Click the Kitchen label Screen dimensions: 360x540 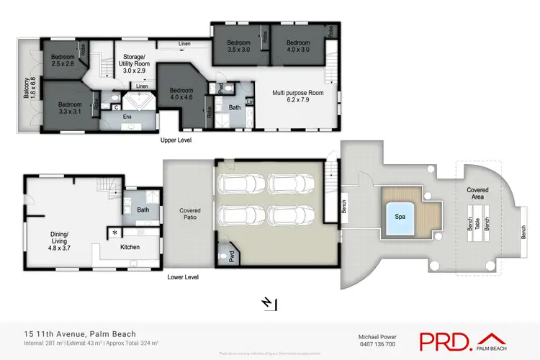click(x=130, y=247)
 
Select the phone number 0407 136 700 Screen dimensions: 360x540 click(x=377, y=344)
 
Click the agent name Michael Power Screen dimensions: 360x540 click(x=377, y=336)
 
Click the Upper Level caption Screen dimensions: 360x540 click(x=176, y=140)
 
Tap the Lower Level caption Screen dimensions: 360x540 click(x=183, y=276)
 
